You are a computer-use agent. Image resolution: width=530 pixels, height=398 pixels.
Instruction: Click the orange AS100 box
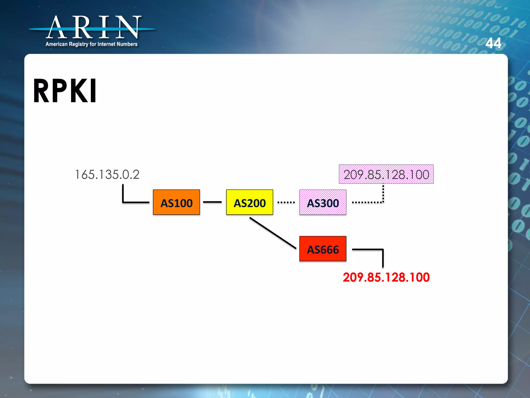point(176,202)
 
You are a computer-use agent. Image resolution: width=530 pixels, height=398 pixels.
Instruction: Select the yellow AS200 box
point(249,202)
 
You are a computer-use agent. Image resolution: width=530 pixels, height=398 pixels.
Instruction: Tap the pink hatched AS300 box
point(323,202)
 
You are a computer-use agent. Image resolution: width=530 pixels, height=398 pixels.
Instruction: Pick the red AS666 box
point(323,249)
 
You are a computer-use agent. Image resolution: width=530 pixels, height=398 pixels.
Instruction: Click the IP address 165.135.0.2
point(107,174)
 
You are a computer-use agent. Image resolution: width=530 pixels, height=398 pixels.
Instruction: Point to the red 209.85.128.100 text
point(386,277)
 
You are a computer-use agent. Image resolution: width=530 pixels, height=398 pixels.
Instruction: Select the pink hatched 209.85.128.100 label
point(386,174)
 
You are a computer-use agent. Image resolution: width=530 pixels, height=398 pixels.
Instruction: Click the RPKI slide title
point(65,91)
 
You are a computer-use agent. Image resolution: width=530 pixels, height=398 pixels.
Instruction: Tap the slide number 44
point(493,43)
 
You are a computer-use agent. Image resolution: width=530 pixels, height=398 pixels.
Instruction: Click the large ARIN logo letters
point(93,27)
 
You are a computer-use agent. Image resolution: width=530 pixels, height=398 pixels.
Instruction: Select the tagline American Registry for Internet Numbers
point(91,44)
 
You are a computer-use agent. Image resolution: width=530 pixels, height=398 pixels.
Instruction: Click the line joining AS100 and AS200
point(212,202)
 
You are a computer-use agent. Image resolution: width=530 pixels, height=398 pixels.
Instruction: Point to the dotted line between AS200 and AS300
point(286,202)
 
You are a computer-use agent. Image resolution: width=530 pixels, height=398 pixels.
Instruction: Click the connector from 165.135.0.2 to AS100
point(129,202)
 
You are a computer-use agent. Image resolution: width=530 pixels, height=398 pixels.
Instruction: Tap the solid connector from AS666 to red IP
point(373,250)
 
